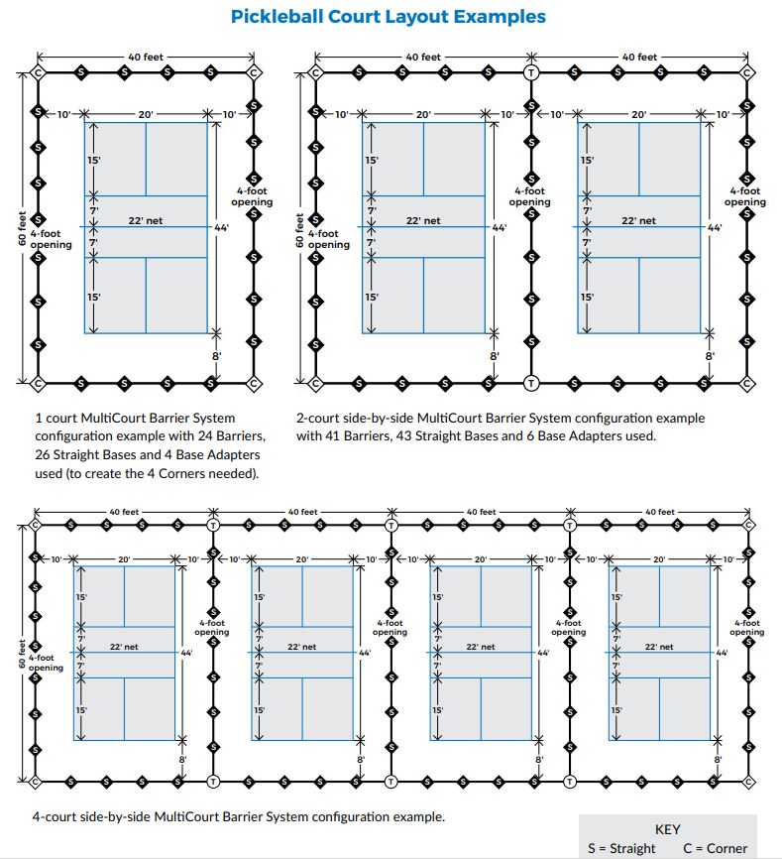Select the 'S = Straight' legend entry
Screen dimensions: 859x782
621,848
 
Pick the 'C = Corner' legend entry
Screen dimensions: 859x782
716,848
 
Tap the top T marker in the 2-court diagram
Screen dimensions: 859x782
531,72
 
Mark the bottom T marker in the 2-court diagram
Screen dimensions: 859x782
531,383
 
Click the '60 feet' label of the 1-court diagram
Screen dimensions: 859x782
22,228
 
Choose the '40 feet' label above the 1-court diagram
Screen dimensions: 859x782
146,58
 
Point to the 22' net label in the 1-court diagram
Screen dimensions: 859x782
146,220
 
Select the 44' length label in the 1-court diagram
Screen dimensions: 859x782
220,227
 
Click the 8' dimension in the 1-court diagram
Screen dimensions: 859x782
215,355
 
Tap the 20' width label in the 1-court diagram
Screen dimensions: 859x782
146,115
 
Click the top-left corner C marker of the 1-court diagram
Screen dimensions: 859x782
39,72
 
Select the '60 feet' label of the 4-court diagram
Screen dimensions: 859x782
20,652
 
